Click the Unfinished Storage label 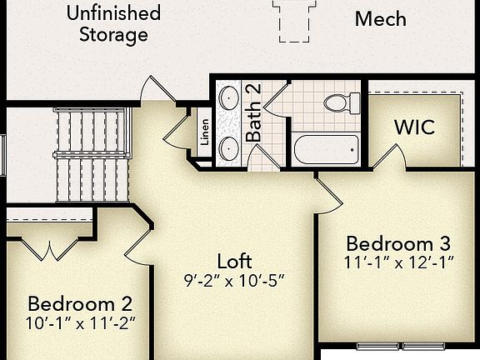click(x=113, y=24)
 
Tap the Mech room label click(x=380, y=18)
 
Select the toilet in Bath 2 click(x=342, y=103)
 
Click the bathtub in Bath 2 click(x=326, y=150)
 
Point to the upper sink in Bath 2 click(x=228, y=99)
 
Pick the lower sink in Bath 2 click(x=228, y=149)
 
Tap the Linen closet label click(x=205, y=134)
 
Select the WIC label click(x=414, y=128)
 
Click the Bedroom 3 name click(x=398, y=243)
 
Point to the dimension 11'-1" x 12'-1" click(x=398, y=263)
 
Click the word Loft click(x=234, y=261)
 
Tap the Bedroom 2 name click(x=80, y=302)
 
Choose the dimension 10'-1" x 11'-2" click(x=80, y=322)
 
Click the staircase click(x=92, y=155)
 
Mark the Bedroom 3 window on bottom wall click(x=402, y=346)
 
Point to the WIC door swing click(x=389, y=156)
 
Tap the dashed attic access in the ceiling click(x=295, y=20)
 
